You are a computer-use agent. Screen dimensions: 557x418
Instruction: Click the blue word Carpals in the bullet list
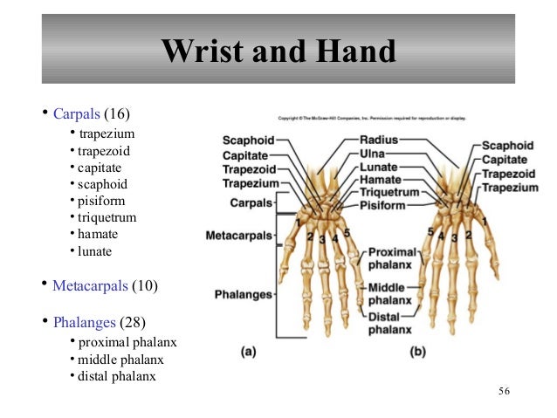(x=77, y=113)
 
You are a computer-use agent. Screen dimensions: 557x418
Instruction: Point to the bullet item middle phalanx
(x=120, y=359)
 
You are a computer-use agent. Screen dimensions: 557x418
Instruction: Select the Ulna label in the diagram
(x=373, y=153)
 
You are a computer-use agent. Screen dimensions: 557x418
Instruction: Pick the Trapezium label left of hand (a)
(x=250, y=183)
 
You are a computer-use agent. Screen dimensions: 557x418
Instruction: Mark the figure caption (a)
(x=248, y=353)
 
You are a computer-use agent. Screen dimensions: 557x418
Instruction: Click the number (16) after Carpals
(x=120, y=113)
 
